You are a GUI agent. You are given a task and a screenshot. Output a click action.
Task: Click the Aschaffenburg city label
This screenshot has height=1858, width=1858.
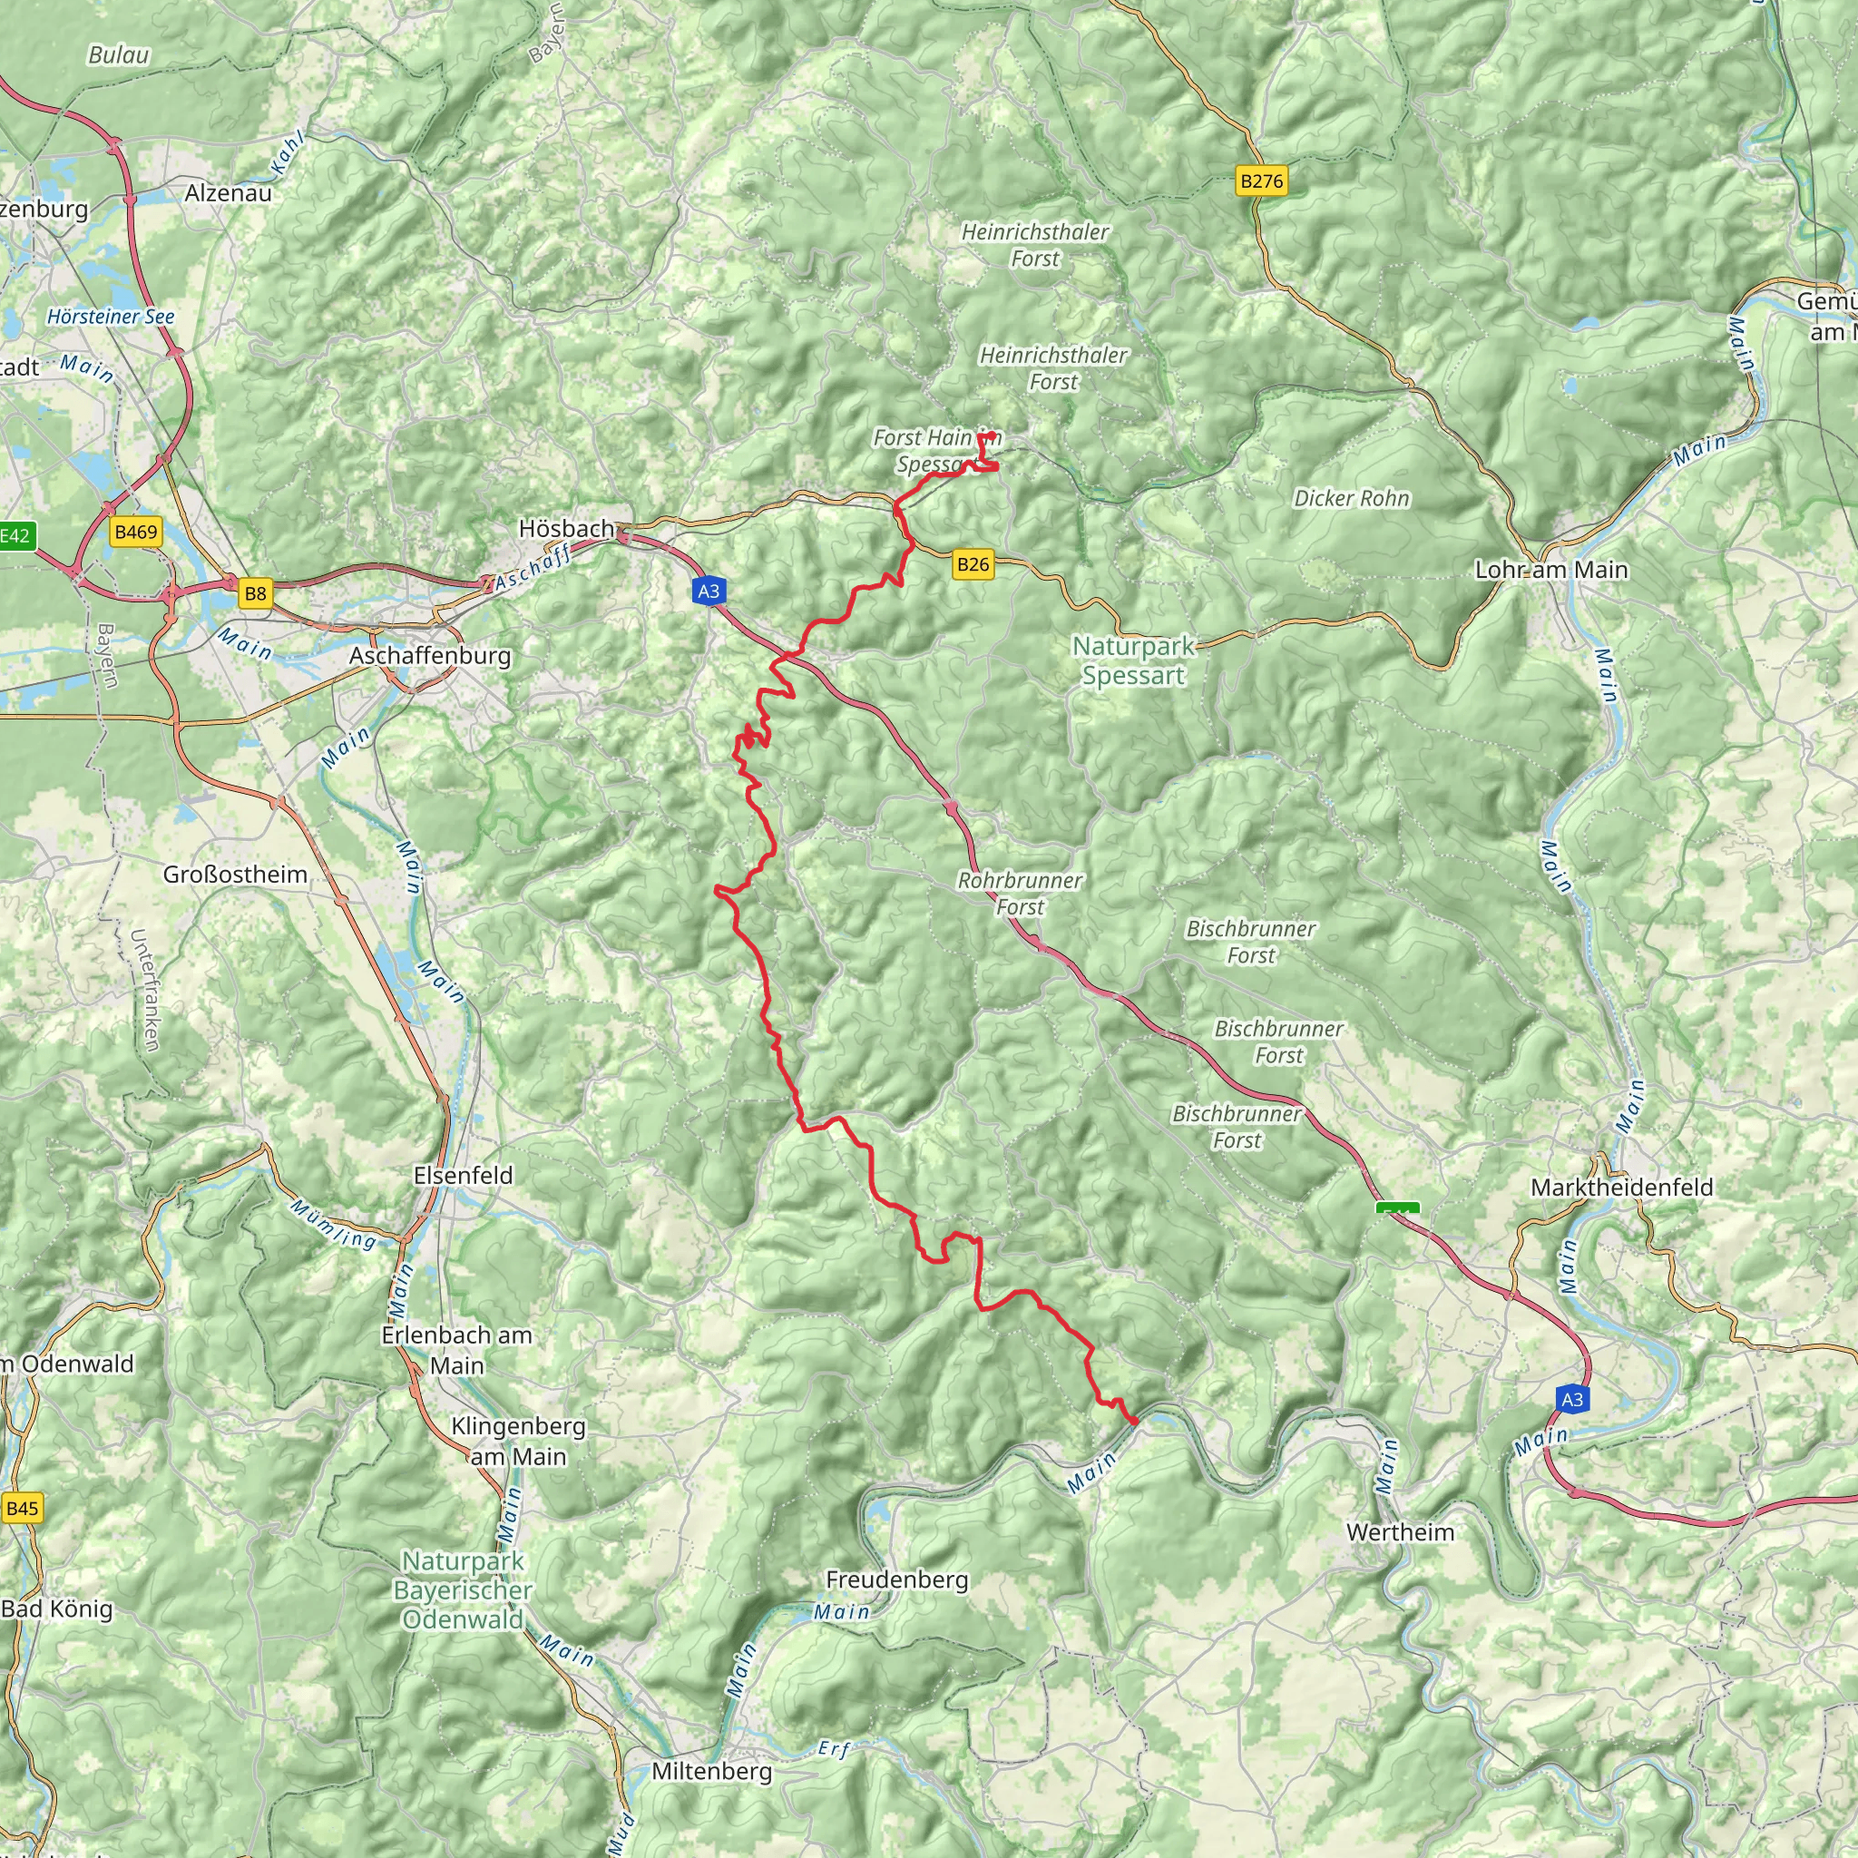(x=430, y=656)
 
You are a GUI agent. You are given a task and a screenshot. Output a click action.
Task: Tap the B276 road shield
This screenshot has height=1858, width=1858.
(x=1261, y=181)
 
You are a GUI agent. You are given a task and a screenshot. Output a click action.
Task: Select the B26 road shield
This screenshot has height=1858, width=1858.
(x=973, y=564)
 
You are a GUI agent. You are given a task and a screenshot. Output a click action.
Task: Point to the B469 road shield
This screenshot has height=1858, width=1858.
(x=135, y=532)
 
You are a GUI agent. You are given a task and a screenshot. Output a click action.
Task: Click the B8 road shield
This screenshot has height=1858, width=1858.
(x=255, y=593)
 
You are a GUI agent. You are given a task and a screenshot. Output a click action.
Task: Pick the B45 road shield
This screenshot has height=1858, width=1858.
(x=22, y=1508)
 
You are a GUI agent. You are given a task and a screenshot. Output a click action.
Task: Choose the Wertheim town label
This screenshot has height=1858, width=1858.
(x=1400, y=1532)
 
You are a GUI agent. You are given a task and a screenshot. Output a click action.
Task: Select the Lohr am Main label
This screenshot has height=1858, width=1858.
(x=1551, y=570)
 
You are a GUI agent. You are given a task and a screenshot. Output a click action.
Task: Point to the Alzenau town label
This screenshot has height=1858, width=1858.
(x=228, y=192)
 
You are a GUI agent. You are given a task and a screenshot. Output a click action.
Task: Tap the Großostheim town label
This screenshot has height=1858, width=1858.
(x=236, y=875)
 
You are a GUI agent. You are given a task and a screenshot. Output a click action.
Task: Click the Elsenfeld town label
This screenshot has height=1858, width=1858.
(x=464, y=1175)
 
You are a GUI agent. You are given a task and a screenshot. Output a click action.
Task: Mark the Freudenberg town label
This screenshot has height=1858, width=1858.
(x=897, y=1579)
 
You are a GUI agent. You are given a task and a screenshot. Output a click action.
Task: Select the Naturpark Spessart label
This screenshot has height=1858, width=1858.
(x=1133, y=660)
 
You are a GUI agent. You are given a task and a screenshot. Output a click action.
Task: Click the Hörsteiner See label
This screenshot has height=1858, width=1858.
(x=111, y=317)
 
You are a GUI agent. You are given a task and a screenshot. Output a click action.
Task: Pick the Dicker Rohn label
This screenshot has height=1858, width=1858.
(x=1351, y=498)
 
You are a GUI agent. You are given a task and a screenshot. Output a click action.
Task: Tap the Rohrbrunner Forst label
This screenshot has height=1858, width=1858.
(x=1021, y=894)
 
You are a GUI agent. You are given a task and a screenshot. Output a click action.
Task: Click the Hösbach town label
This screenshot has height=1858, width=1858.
(x=566, y=528)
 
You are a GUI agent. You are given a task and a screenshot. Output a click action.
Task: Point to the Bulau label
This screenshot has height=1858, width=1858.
(x=119, y=54)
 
